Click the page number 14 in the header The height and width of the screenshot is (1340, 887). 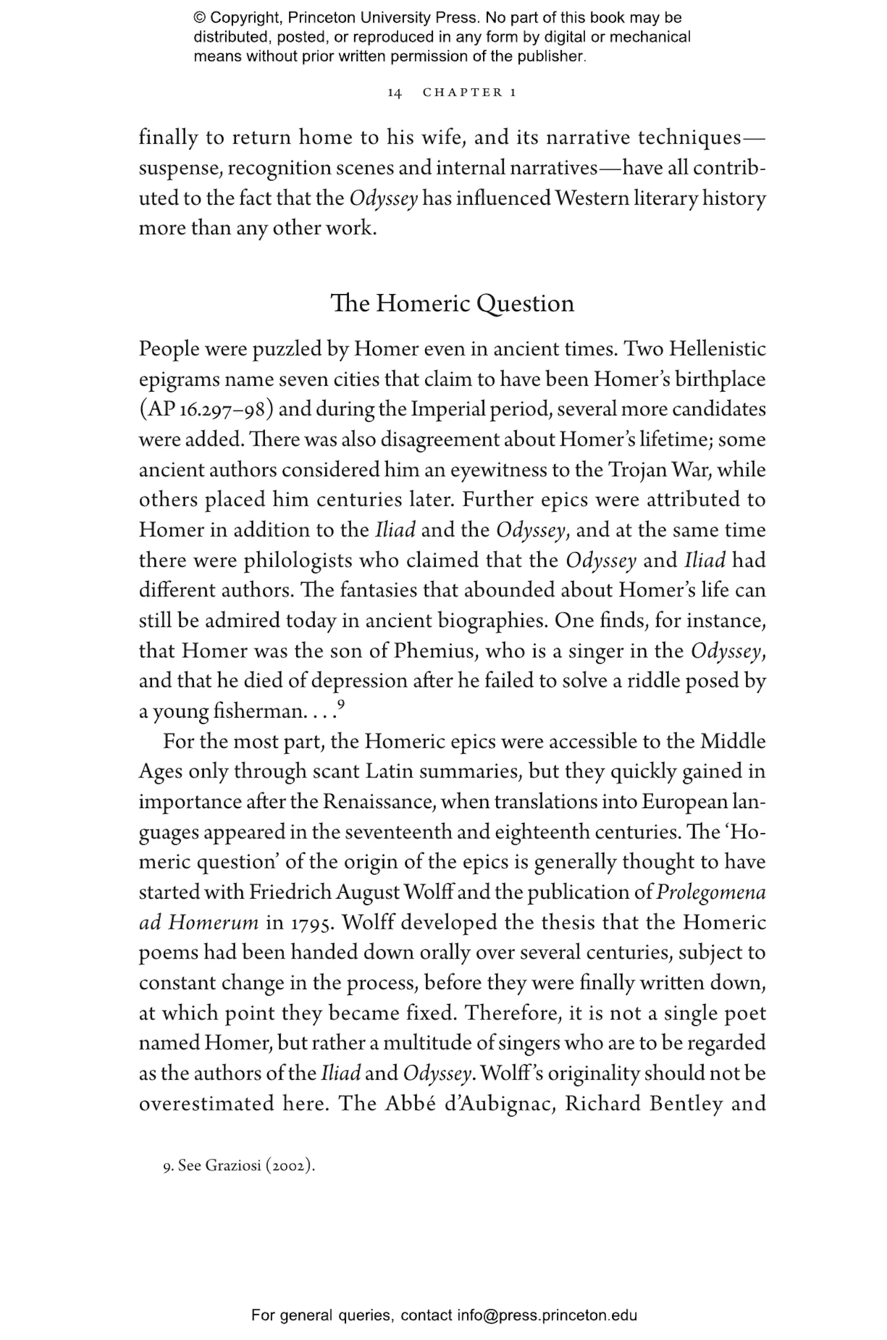pos(394,93)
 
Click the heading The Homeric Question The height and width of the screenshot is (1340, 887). pos(452,303)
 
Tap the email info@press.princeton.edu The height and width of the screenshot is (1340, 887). pos(547,1315)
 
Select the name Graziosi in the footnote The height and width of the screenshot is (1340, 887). pos(232,1166)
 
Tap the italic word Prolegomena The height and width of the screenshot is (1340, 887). pos(711,893)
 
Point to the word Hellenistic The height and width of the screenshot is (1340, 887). pos(717,350)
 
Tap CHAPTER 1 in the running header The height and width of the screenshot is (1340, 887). pos(470,93)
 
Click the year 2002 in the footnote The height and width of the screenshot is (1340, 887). pos(289,1166)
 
